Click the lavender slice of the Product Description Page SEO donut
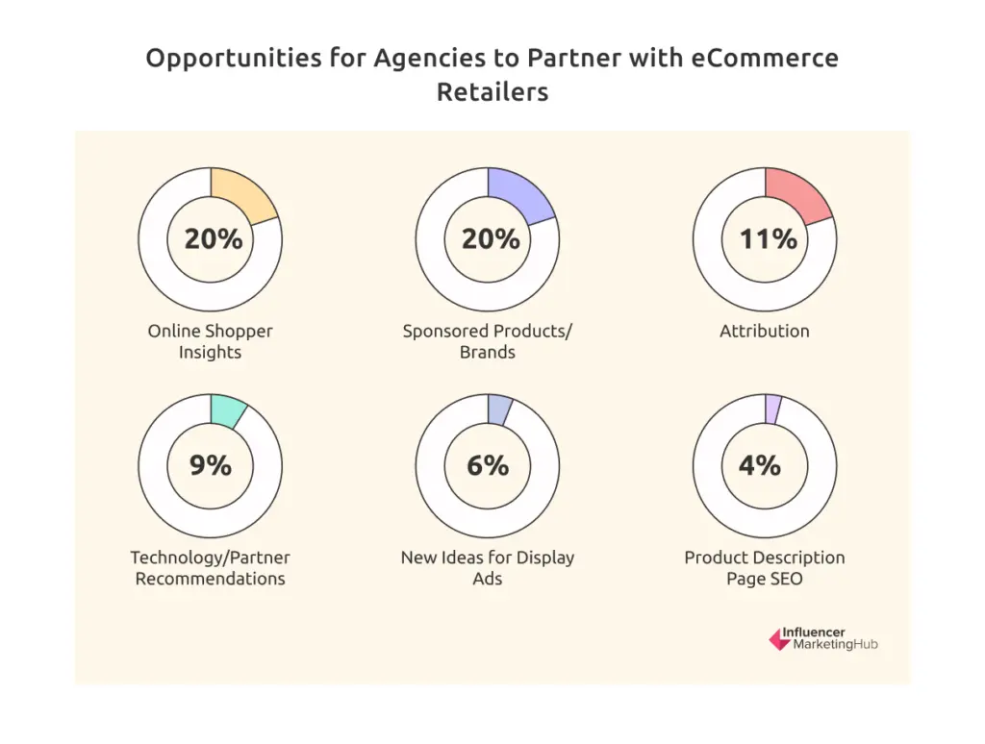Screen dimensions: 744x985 pos(772,407)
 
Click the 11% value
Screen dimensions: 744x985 pos(768,239)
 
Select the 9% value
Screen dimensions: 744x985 pos(211,466)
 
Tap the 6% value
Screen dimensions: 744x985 pos(488,466)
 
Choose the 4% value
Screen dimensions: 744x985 pos(759,466)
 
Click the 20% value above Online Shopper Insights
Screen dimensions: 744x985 pos(214,239)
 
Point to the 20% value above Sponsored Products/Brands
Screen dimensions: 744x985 pos(491,239)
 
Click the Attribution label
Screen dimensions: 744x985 pos(765,331)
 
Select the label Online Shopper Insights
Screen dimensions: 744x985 pos(210,341)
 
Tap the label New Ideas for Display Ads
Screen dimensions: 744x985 pos(488,568)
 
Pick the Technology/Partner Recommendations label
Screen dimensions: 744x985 pos(210,568)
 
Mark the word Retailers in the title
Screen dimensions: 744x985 pos(492,92)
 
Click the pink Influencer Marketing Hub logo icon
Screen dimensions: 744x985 pos(778,639)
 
